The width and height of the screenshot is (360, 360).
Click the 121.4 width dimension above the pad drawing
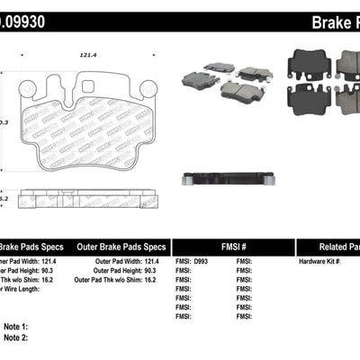(87, 56)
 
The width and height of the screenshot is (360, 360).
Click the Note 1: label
(15, 326)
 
